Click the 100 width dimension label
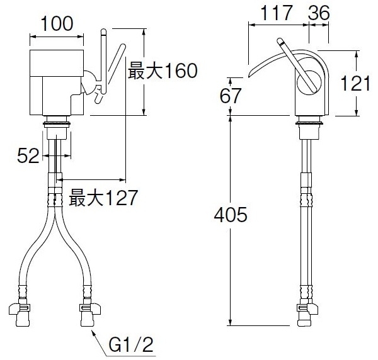[x=57, y=23]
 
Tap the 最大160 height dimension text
[x=163, y=70]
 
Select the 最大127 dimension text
[x=103, y=198]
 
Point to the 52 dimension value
[x=28, y=156]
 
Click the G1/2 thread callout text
[x=131, y=345]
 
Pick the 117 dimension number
[x=277, y=13]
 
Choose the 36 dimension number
[x=319, y=13]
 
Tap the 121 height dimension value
[x=355, y=83]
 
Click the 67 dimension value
[x=230, y=96]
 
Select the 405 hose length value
[x=231, y=215]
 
